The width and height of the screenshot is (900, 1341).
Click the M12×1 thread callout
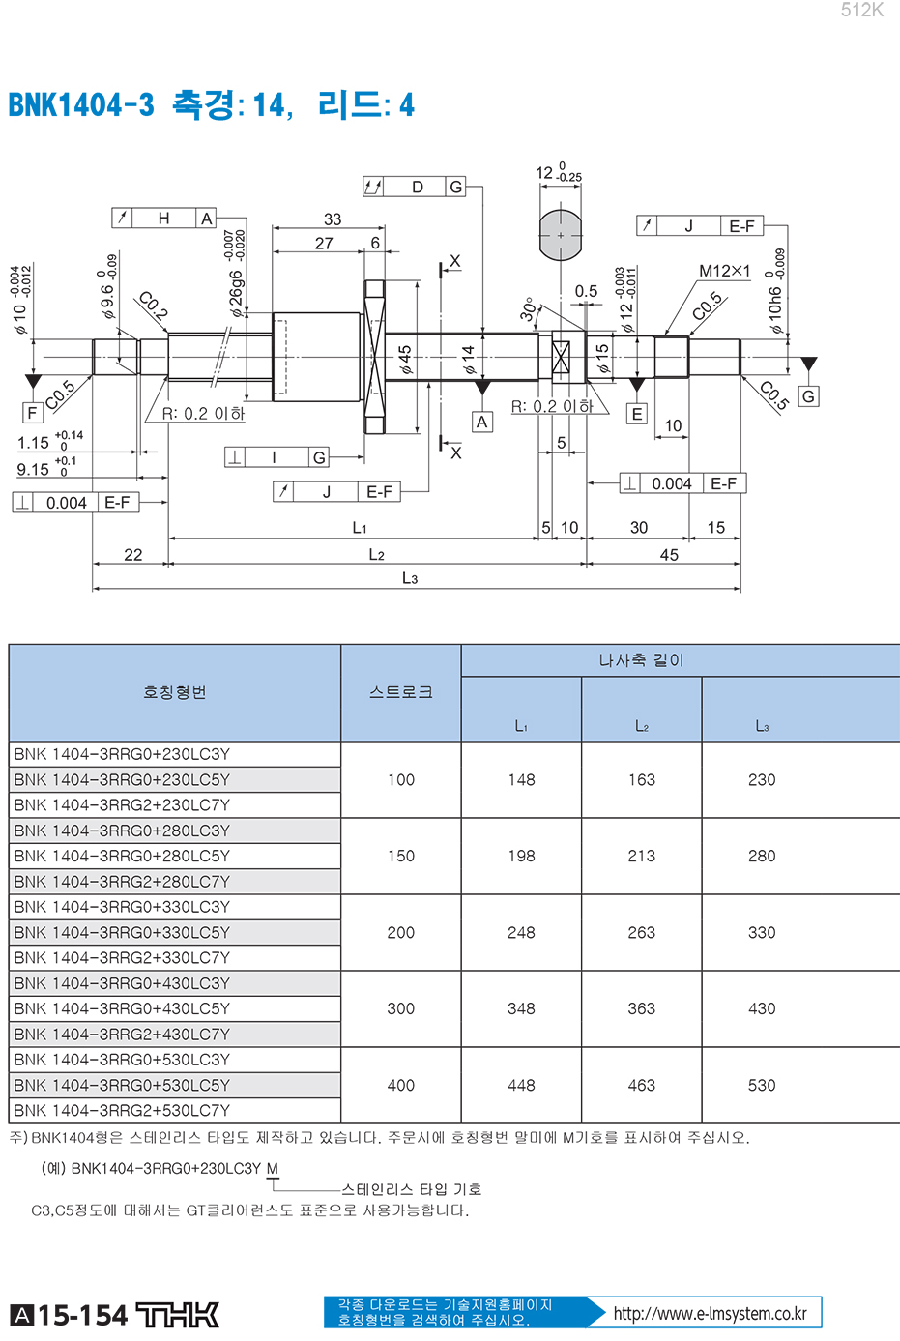(724, 271)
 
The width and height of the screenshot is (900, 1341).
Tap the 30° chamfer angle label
(527, 309)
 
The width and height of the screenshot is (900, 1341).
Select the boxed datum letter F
(32, 413)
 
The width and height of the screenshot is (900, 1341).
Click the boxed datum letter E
(637, 414)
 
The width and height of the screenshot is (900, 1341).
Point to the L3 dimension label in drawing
(410, 578)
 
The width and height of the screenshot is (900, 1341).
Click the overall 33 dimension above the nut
(333, 219)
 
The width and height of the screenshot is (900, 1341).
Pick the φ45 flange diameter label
(406, 360)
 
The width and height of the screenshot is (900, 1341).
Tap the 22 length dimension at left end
(132, 555)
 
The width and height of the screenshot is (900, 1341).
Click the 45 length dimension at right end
(669, 555)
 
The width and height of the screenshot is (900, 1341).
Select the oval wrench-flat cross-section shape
(560, 235)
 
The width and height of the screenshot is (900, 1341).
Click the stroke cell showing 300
(400, 1008)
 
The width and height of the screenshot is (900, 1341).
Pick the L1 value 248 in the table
(521, 933)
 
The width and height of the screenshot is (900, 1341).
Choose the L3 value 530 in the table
(762, 1086)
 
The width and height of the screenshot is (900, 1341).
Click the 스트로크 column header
(400, 692)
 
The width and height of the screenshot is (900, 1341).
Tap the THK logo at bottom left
(177, 1315)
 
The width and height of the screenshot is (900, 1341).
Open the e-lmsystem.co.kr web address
(711, 1314)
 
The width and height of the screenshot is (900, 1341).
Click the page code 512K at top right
(861, 11)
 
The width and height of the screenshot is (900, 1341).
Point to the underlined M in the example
(273, 1169)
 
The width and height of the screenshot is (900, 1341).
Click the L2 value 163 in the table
(642, 780)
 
